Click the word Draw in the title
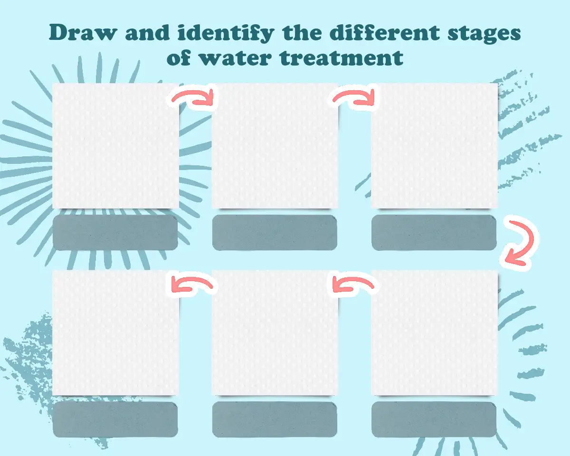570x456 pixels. [83, 33]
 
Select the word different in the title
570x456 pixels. [384, 32]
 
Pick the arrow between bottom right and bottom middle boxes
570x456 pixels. [353, 284]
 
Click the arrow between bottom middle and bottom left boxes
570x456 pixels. [192, 284]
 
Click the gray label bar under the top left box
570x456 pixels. [115, 232]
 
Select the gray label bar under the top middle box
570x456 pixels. [275, 232]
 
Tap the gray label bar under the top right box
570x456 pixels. [434, 232]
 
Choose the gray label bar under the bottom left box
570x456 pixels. [115, 419]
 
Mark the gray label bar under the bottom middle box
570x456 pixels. [275, 419]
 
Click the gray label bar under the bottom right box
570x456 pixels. [434, 419]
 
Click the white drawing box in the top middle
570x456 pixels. [275, 146]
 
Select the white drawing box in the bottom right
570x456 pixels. [434, 333]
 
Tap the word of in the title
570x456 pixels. [179, 57]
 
